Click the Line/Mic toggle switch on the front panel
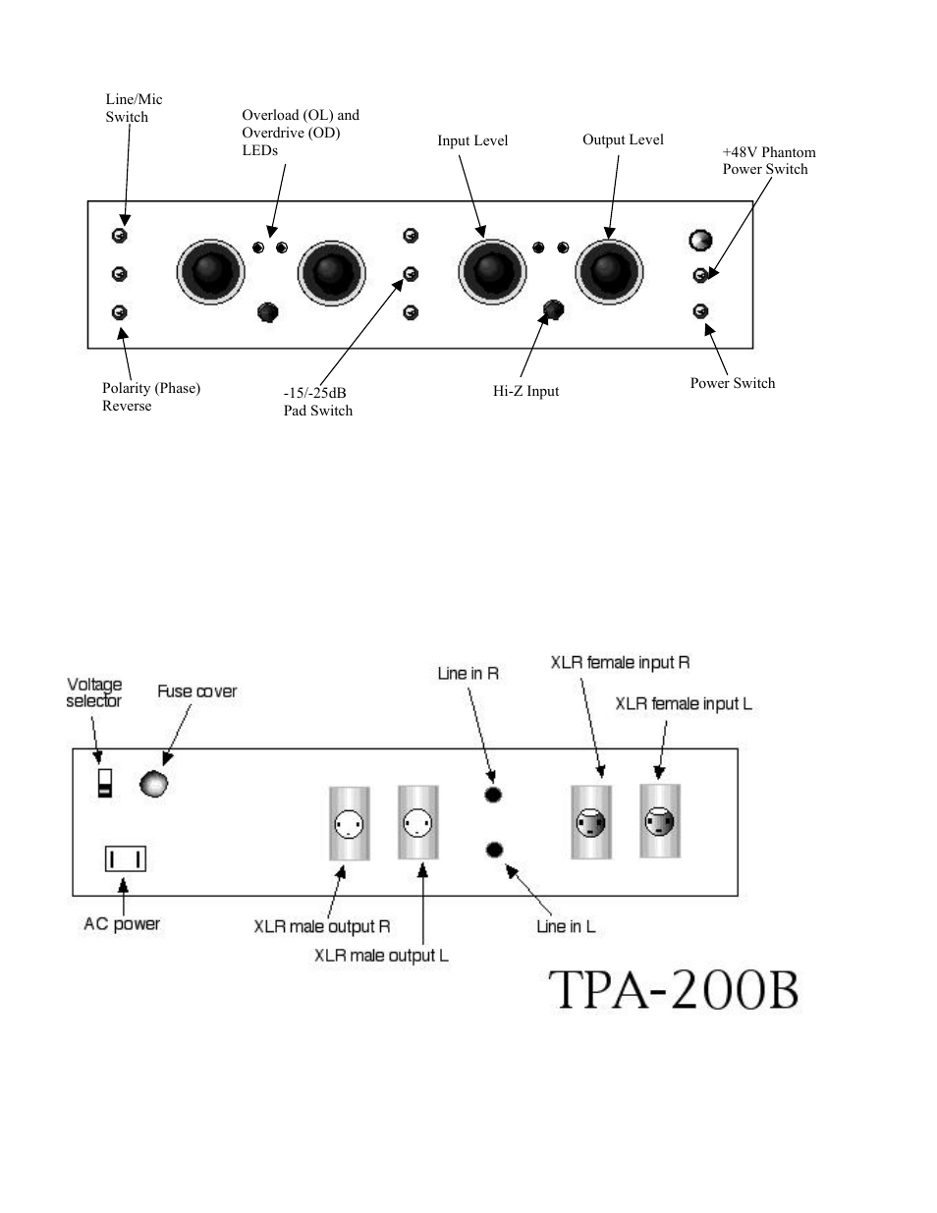pos(120,236)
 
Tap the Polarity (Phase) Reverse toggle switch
pos(120,312)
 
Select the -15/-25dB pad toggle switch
pos(411,274)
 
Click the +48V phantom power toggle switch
pos(700,275)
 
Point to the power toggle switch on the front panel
pos(700,311)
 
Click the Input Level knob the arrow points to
pos(492,272)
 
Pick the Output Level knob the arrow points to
pos(609,272)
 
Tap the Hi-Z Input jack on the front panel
pos(553,309)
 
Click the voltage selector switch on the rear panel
pos(105,783)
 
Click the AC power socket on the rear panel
pos(126,858)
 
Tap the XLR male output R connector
pos(350,823)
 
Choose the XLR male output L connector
pos(418,822)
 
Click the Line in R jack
pos(493,795)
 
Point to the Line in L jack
pos(494,850)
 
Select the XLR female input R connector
pos(591,822)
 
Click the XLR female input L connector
pos(660,821)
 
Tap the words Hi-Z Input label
pos(525,391)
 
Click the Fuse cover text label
pos(197,691)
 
